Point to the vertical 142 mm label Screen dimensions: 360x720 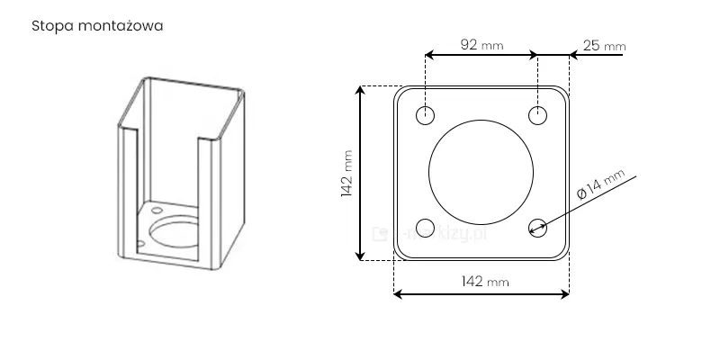[x=348, y=176]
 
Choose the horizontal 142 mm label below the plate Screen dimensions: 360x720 [x=484, y=281]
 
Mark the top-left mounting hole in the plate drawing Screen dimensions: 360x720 [x=426, y=115]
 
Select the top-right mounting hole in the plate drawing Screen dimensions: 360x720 [x=537, y=115]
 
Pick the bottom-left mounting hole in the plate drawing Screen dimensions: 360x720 [x=426, y=227]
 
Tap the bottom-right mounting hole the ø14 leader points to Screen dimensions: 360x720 [x=537, y=227]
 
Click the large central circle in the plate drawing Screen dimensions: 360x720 [x=481, y=171]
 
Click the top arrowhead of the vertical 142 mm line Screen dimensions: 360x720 [x=362, y=90]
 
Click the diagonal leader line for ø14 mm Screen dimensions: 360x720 [x=585, y=202]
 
